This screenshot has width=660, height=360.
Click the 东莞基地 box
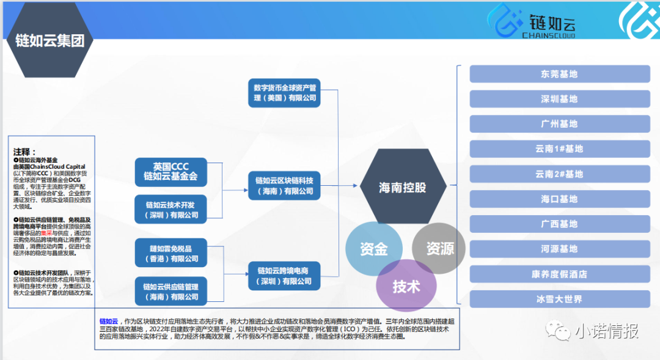(559, 74)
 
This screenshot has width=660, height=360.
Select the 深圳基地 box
(559, 99)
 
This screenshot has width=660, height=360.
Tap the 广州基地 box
(559, 124)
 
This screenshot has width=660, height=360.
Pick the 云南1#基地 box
(559, 149)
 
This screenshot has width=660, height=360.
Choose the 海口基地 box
(559, 199)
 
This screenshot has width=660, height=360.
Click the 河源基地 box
(559, 249)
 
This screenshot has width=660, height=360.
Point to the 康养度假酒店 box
(559, 274)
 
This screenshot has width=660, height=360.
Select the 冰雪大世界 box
(559, 299)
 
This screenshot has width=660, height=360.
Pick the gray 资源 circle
(440, 248)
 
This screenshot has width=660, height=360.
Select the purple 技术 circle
(406, 286)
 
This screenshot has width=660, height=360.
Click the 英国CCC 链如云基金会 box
(171, 171)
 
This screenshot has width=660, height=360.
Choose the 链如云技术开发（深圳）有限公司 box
(171, 209)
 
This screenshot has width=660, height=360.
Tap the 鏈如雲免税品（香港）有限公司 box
(171, 254)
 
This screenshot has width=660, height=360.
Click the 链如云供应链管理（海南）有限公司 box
(171, 292)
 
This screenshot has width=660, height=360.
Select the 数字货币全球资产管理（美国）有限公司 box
(284, 92)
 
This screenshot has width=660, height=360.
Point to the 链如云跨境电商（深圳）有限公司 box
(284, 276)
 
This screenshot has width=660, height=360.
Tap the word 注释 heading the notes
(25, 151)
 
